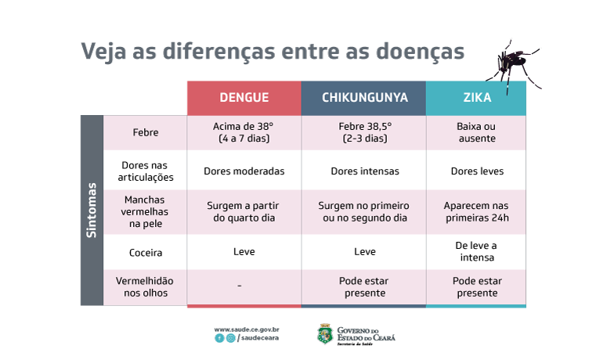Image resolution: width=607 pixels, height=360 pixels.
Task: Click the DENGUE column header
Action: tap(244, 98)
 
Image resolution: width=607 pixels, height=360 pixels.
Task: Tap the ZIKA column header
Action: tap(476, 98)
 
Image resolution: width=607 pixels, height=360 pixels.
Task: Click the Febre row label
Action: tap(146, 132)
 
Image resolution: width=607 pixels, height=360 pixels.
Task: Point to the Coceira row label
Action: tap(146, 253)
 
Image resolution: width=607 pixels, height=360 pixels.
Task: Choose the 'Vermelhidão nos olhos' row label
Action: tap(145, 287)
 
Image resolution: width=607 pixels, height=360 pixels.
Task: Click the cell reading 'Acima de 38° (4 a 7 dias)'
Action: tap(244, 132)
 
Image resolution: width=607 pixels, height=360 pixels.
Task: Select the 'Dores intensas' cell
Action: tap(365, 171)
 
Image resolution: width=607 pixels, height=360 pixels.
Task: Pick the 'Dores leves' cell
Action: tap(477, 171)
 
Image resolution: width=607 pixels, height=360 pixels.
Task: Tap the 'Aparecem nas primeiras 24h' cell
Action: tap(476, 212)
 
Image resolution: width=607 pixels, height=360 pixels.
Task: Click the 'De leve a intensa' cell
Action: tap(476, 251)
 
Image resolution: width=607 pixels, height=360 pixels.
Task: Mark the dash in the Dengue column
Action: tap(240, 286)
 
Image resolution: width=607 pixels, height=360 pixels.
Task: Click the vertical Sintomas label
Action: tap(92, 211)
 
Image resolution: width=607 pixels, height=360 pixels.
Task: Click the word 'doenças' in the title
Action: tap(420, 52)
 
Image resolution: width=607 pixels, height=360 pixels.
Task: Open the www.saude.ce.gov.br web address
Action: tap(247, 329)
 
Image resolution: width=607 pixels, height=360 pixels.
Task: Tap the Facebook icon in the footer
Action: tap(219, 338)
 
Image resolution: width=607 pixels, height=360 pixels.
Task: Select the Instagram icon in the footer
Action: tap(231, 338)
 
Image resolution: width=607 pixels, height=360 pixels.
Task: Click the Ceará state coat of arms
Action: tap(325, 333)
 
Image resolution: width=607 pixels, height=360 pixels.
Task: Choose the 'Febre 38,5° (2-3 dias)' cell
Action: tap(365, 132)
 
